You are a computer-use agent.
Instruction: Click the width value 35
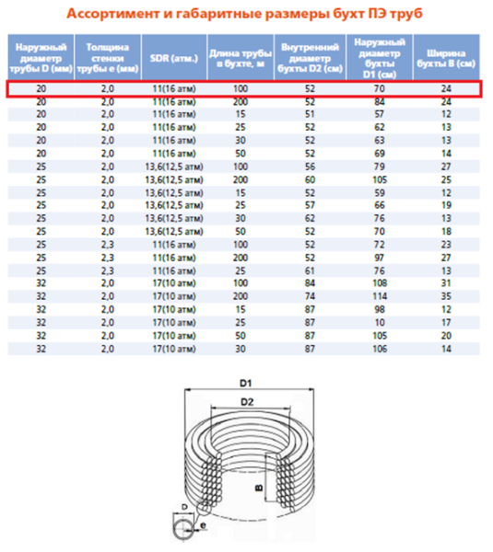point(445,298)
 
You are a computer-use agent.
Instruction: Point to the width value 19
point(445,207)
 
